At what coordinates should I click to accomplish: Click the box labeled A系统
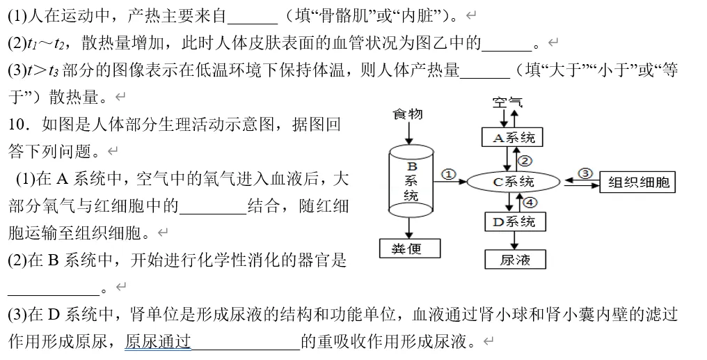pos(513,137)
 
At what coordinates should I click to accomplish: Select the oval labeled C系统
pos(514,182)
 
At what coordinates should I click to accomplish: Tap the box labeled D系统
pos(514,222)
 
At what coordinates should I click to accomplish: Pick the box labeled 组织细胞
pos(638,182)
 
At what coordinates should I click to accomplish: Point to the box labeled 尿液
pos(515,260)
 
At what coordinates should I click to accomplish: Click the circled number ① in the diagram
pos(450,174)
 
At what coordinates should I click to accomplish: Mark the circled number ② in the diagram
pos(526,160)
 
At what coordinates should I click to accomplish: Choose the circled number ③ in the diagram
pos(585,173)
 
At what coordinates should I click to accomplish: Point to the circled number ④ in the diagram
pos(530,203)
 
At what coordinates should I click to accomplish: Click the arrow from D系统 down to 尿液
pos(515,240)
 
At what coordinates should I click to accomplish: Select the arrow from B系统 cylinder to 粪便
pos(411,228)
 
